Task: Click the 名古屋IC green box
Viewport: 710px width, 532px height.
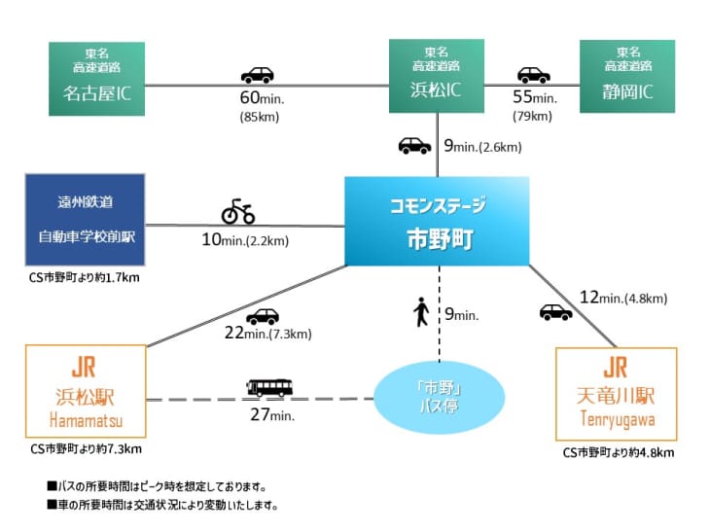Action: coord(97,79)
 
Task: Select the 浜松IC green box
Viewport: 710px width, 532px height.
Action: coord(437,76)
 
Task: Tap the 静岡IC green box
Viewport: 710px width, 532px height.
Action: coord(627,76)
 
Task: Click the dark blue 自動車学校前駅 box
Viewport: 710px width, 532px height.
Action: coord(86,220)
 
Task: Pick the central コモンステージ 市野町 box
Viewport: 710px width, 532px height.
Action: coord(437,221)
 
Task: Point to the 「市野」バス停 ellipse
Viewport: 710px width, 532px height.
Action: coord(439,397)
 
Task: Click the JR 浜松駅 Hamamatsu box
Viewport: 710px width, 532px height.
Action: coord(86,391)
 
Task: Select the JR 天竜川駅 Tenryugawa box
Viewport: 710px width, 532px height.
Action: coord(617,394)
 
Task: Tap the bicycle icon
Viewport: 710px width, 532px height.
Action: coord(238,211)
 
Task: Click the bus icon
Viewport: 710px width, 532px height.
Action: coord(269,388)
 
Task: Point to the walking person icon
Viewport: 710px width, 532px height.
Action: coord(421,311)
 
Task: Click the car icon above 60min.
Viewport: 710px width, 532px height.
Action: coord(257,75)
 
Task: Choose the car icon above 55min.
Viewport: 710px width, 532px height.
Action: coord(534,75)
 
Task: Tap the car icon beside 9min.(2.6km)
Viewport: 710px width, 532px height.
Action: coord(414,146)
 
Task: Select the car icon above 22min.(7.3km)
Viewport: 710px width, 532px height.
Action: coord(263,316)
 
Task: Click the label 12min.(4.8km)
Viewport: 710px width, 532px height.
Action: coord(623,298)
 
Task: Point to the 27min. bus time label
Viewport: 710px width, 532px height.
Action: coord(272,414)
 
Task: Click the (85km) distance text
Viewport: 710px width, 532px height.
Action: coord(260,117)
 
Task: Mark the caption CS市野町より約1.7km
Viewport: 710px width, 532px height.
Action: coord(85,277)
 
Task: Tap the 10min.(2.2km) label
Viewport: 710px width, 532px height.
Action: coord(245,239)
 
